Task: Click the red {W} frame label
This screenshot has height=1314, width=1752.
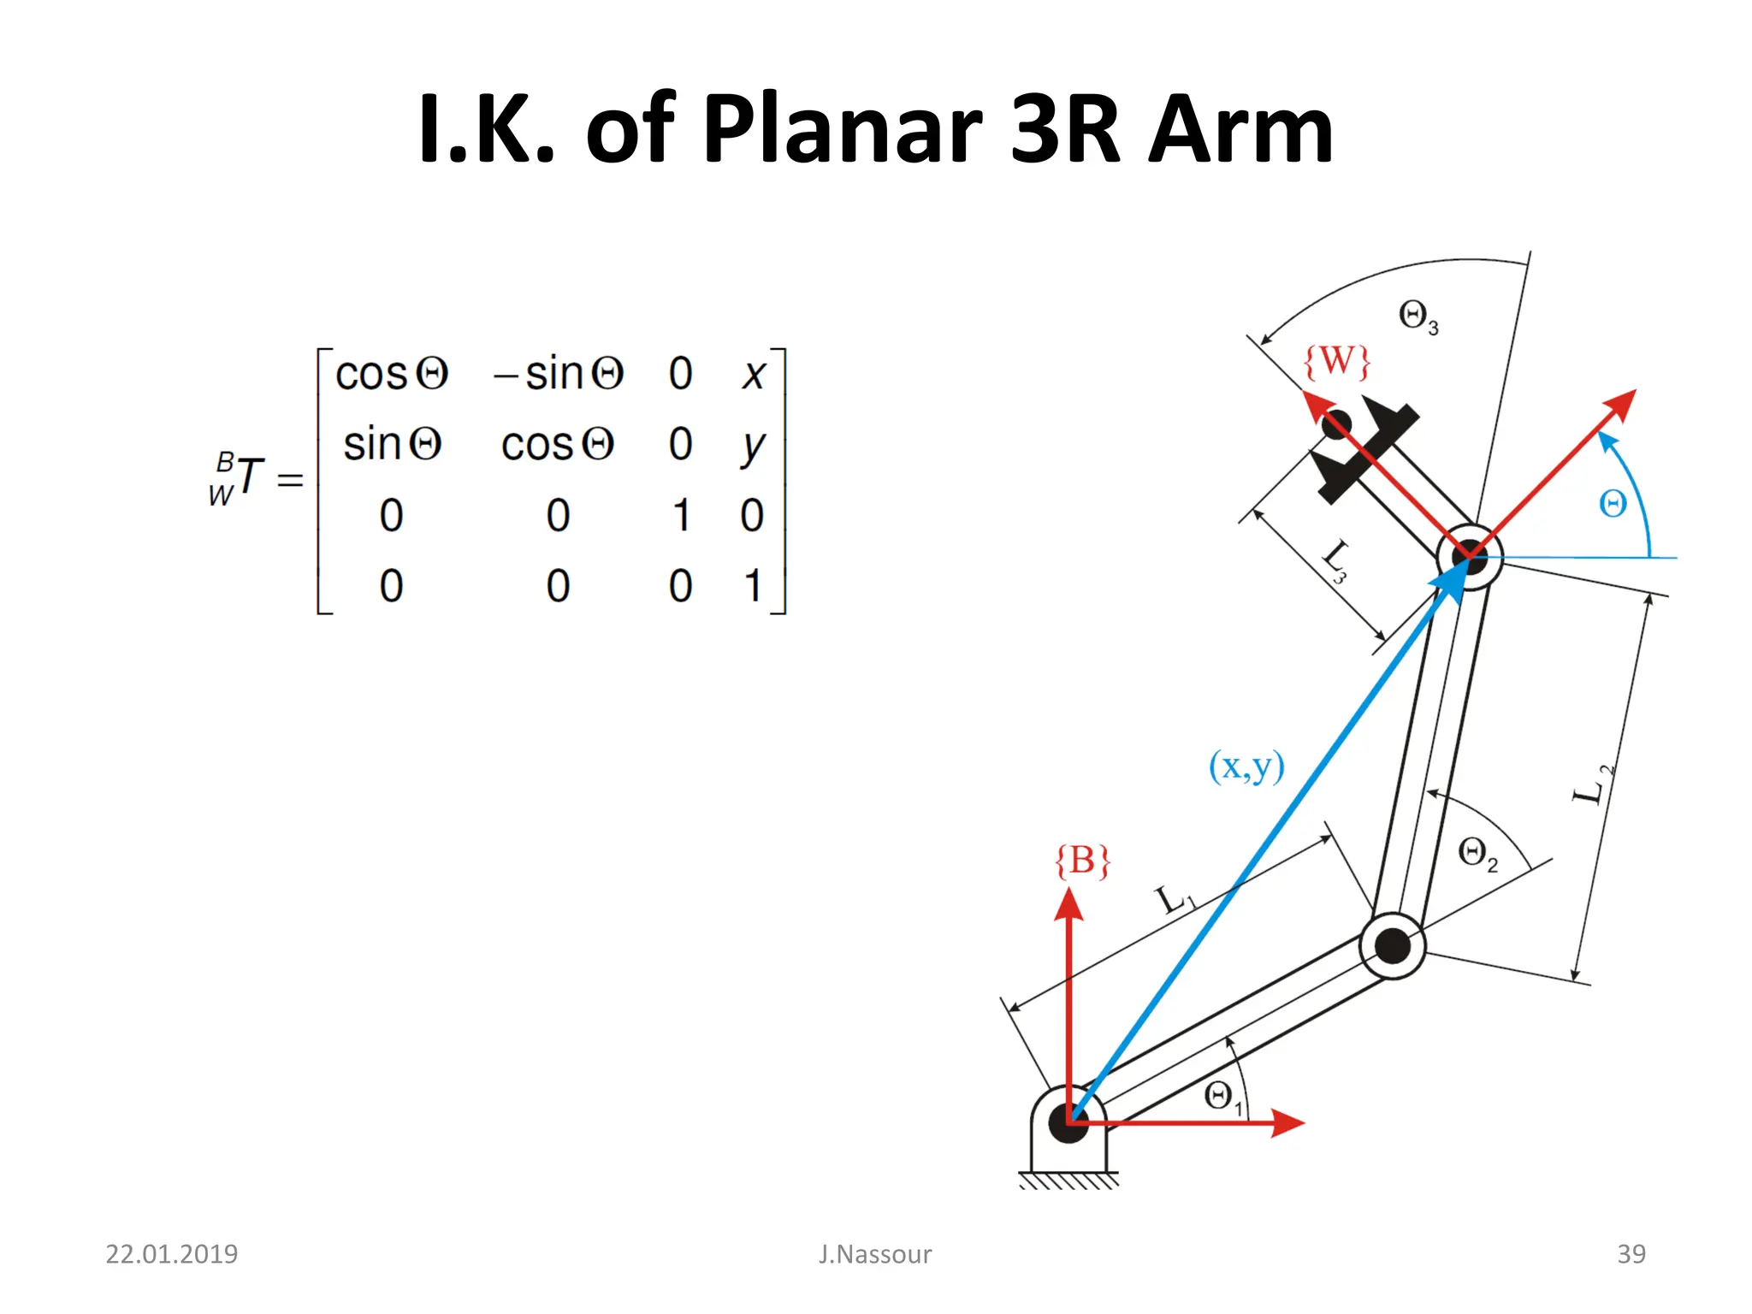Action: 1336,361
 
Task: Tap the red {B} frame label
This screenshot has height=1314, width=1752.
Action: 1082,861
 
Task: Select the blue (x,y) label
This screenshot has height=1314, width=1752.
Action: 1246,766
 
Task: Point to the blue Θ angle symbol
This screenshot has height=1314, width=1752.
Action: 1613,504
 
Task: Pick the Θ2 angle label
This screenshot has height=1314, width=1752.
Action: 1477,853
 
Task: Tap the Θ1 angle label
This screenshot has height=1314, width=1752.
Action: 1222,1097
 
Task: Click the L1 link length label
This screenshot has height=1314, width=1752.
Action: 1175,900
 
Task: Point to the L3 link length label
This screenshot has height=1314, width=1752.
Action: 1335,560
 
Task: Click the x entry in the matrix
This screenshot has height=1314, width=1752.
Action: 753,374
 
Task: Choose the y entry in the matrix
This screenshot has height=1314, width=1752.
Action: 753,446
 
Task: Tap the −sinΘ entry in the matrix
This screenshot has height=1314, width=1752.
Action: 559,374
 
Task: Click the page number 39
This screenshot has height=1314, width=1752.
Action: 1631,1254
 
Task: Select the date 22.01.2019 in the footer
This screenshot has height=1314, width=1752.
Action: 171,1254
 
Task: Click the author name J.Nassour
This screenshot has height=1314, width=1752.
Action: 874,1254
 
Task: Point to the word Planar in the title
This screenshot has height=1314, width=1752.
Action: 842,130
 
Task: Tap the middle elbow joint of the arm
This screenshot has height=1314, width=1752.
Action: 1392,945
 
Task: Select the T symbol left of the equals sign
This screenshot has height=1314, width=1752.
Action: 250,476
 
